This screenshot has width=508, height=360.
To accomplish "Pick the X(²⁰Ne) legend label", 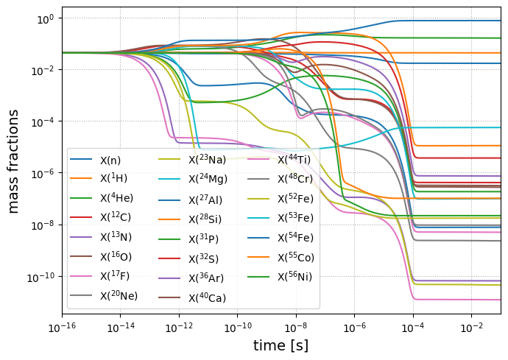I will click(119, 296).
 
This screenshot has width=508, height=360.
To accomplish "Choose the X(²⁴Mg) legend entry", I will click(208, 179).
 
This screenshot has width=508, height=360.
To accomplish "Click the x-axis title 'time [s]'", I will click(281, 345).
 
